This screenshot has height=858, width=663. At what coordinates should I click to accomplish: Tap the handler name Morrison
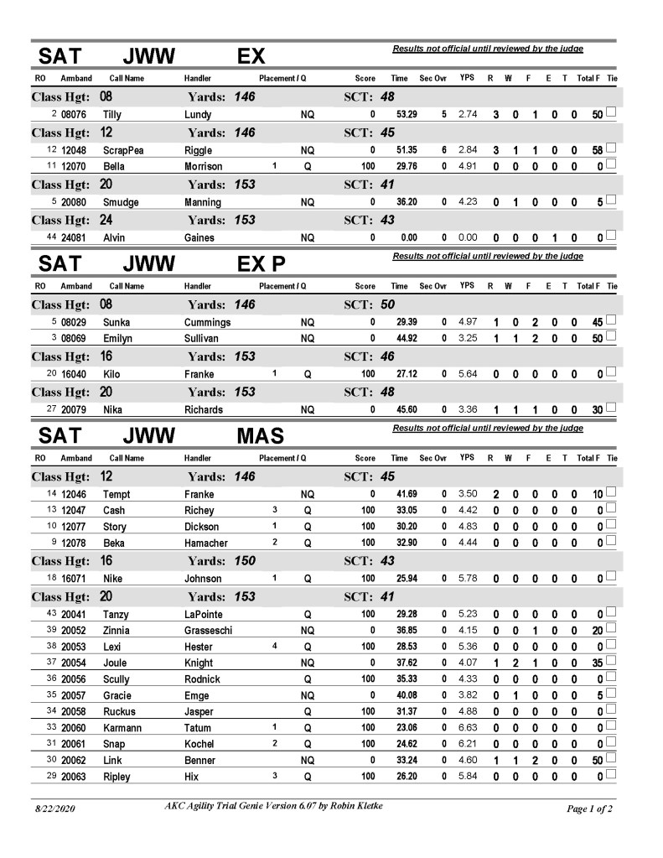click(x=203, y=166)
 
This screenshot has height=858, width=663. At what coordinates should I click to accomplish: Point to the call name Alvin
click(x=114, y=237)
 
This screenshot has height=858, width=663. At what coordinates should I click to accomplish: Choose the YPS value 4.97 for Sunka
click(x=468, y=321)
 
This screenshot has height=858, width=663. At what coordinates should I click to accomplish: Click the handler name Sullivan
click(x=203, y=338)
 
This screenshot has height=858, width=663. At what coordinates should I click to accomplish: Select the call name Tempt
click(x=117, y=494)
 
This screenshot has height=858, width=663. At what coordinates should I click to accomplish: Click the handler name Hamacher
click(x=205, y=543)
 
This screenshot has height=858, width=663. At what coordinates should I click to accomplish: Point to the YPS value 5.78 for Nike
click(x=468, y=579)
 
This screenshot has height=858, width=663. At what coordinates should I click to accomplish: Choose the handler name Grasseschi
click(x=213, y=630)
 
